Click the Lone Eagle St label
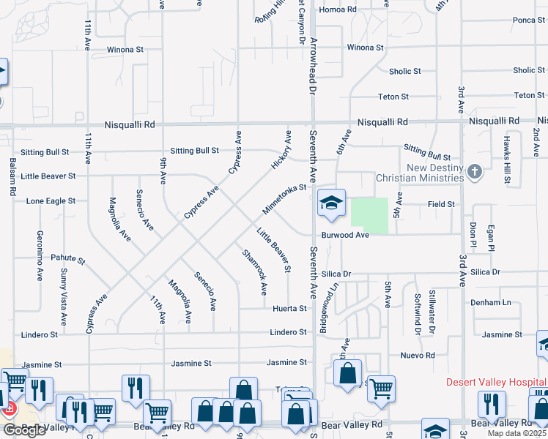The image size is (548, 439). click(x=51, y=200)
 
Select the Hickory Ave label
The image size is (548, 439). click(x=281, y=151)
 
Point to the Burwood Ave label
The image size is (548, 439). click(x=345, y=236)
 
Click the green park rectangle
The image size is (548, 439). click(x=369, y=216)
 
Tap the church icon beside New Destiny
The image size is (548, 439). click(x=474, y=172)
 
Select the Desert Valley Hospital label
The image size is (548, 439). click(x=497, y=383)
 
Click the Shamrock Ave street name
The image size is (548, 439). click(x=254, y=271)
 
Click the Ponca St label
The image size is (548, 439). click(x=529, y=20)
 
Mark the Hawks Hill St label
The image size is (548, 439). click(x=506, y=160)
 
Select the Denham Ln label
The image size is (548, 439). click(x=492, y=302)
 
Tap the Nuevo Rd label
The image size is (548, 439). click(x=418, y=356)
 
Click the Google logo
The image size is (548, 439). click(x=24, y=430)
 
